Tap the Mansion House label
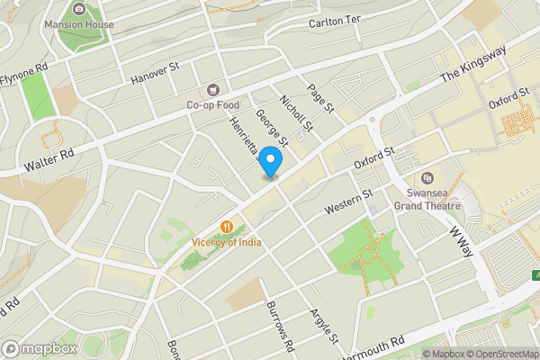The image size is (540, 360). [x=78, y=24]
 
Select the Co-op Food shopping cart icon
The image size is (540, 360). [x=213, y=89]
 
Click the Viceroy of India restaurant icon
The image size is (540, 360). [x=228, y=227]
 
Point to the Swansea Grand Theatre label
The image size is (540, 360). [x=427, y=199]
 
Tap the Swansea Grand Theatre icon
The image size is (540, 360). [x=427, y=177]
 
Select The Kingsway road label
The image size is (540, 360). [x=474, y=66]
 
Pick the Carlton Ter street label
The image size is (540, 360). [x=334, y=22]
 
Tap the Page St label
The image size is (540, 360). [x=320, y=98]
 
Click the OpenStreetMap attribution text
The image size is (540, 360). [x=499, y=353]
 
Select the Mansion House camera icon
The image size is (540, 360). [x=78, y=9]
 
